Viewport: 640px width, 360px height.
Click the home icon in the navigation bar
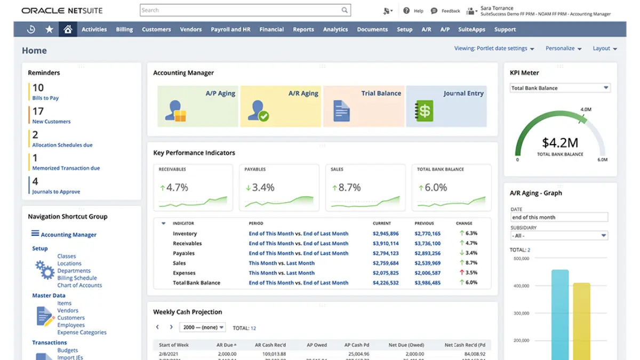[68, 29]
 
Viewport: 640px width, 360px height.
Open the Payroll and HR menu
[230, 29]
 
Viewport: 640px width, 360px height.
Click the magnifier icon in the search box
[345, 10]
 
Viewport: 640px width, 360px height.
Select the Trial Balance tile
[364, 106]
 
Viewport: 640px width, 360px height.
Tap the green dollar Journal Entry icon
[425, 111]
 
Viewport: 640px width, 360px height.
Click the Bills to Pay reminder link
[45, 98]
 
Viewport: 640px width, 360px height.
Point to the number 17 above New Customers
[38, 111]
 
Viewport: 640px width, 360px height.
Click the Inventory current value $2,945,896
[386, 234]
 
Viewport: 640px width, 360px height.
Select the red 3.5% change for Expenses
[470, 273]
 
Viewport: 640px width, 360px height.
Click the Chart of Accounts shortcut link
[79, 285]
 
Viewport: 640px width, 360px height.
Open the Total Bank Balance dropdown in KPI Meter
[560, 88]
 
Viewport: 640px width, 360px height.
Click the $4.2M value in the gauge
[560, 143]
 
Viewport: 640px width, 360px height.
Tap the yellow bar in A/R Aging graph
[581, 320]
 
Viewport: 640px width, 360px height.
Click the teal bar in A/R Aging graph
[560, 315]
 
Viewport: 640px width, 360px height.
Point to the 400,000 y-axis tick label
[521, 286]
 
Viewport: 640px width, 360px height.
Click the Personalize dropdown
[563, 49]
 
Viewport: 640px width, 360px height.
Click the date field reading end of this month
[559, 217]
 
